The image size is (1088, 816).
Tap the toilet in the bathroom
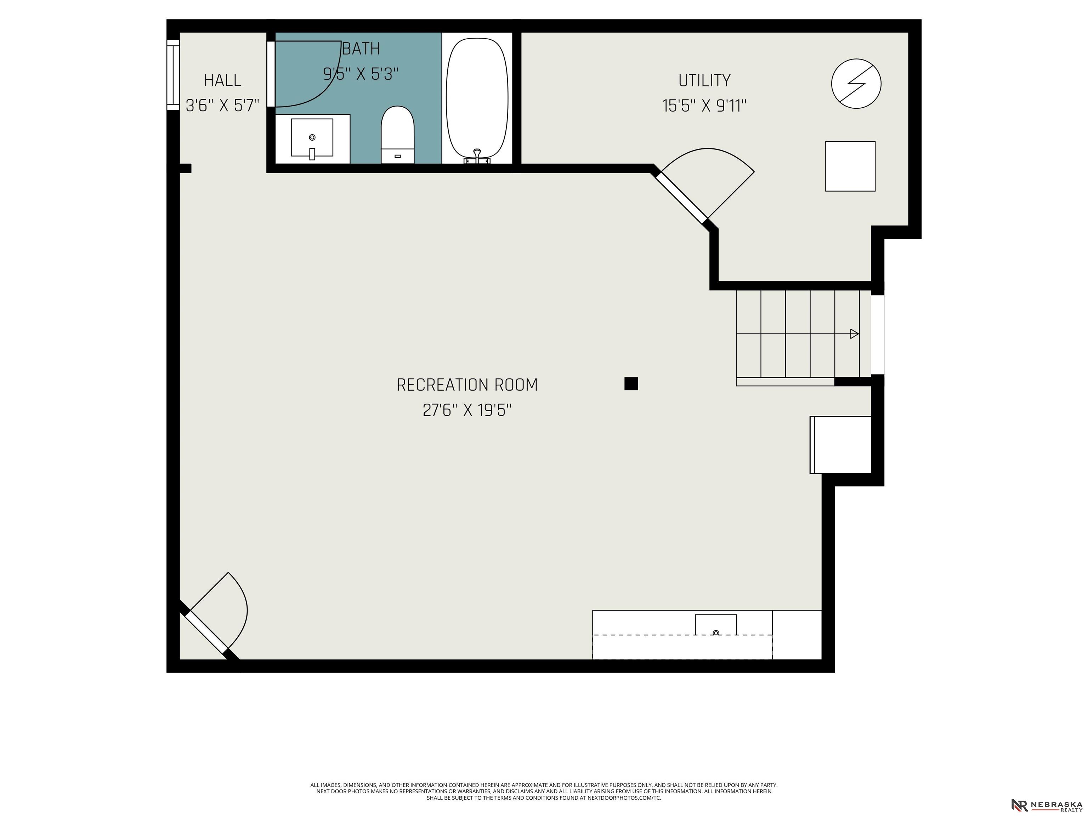[x=397, y=134]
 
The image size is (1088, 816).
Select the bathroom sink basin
[x=312, y=138]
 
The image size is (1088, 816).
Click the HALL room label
[x=222, y=80]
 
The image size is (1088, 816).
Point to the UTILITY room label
[x=704, y=80]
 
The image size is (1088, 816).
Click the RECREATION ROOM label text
[x=467, y=385]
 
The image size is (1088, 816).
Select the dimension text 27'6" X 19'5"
[x=467, y=410]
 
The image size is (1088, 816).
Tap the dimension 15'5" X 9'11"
[x=704, y=106]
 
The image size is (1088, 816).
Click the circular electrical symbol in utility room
[x=856, y=84]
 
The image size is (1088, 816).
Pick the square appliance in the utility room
[x=850, y=166]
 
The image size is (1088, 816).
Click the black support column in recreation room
[x=631, y=384]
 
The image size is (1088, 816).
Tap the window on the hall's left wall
[x=173, y=75]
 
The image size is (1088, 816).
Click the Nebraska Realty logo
[x=1046, y=805]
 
